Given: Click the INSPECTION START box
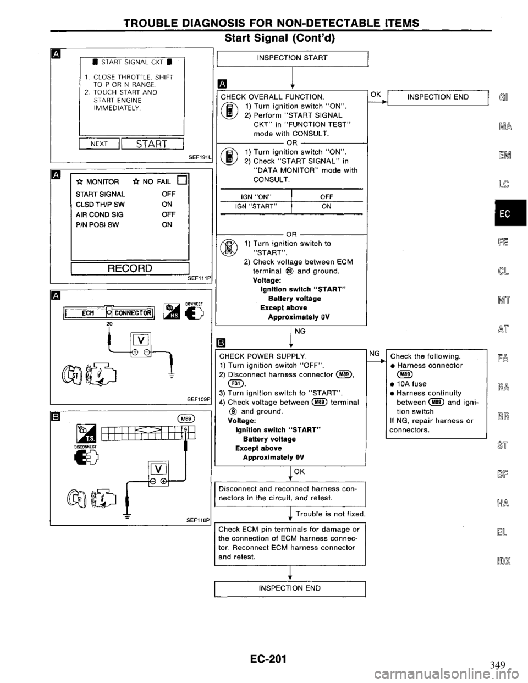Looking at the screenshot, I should tap(292, 58).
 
